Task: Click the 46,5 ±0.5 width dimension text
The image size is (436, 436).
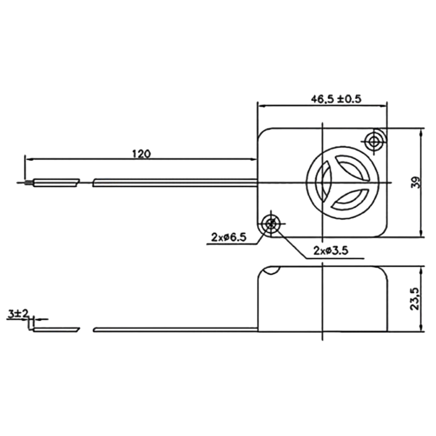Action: click(336, 99)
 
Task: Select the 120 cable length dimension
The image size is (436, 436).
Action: click(141, 154)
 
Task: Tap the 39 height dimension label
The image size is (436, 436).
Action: click(416, 183)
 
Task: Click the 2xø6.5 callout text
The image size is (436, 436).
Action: click(229, 237)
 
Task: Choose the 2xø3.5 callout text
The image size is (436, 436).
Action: click(331, 251)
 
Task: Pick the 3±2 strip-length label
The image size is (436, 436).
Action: click(18, 314)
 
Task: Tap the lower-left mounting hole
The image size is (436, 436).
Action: click(270, 224)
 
